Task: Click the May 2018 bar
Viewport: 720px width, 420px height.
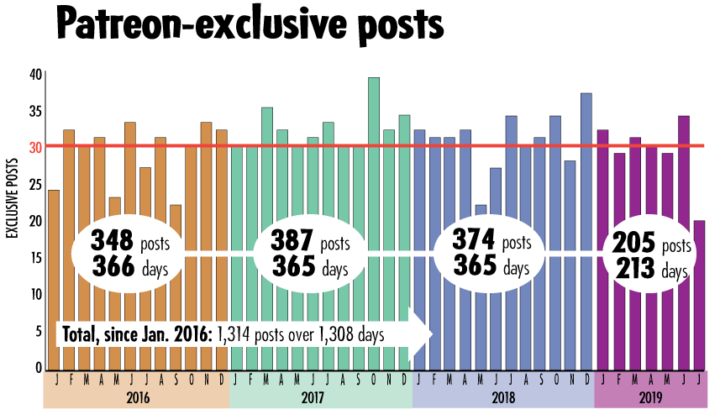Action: [481, 336]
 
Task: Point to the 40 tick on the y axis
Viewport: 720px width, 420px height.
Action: [35, 74]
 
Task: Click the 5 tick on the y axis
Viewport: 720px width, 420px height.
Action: [38, 331]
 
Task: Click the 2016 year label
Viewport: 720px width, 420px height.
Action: [135, 396]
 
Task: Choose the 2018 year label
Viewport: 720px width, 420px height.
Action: [502, 396]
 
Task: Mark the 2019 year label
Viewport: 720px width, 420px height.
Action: [650, 396]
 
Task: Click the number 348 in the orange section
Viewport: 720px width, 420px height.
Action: [112, 242]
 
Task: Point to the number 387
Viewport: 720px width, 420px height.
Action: [293, 242]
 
